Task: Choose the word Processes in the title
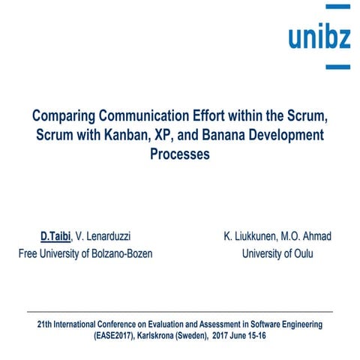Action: coord(180,155)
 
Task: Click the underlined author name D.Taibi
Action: coord(55,237)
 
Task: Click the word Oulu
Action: coord(300,253)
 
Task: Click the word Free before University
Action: coord(31,253)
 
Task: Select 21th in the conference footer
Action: coord(46,325)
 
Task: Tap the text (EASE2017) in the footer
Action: coord(118,336)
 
